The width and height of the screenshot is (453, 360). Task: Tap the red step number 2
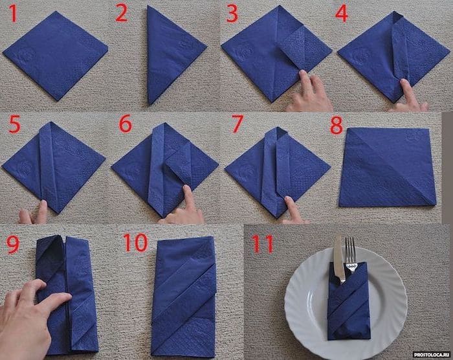(x=122, y=14)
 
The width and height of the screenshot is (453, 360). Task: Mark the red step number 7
(x=236, y=127)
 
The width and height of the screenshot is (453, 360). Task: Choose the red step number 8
(x=337, y=126)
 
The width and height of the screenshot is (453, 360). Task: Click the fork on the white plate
(x=350, y=256)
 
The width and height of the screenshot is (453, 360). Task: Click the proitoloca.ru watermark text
(x=420, y=354)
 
